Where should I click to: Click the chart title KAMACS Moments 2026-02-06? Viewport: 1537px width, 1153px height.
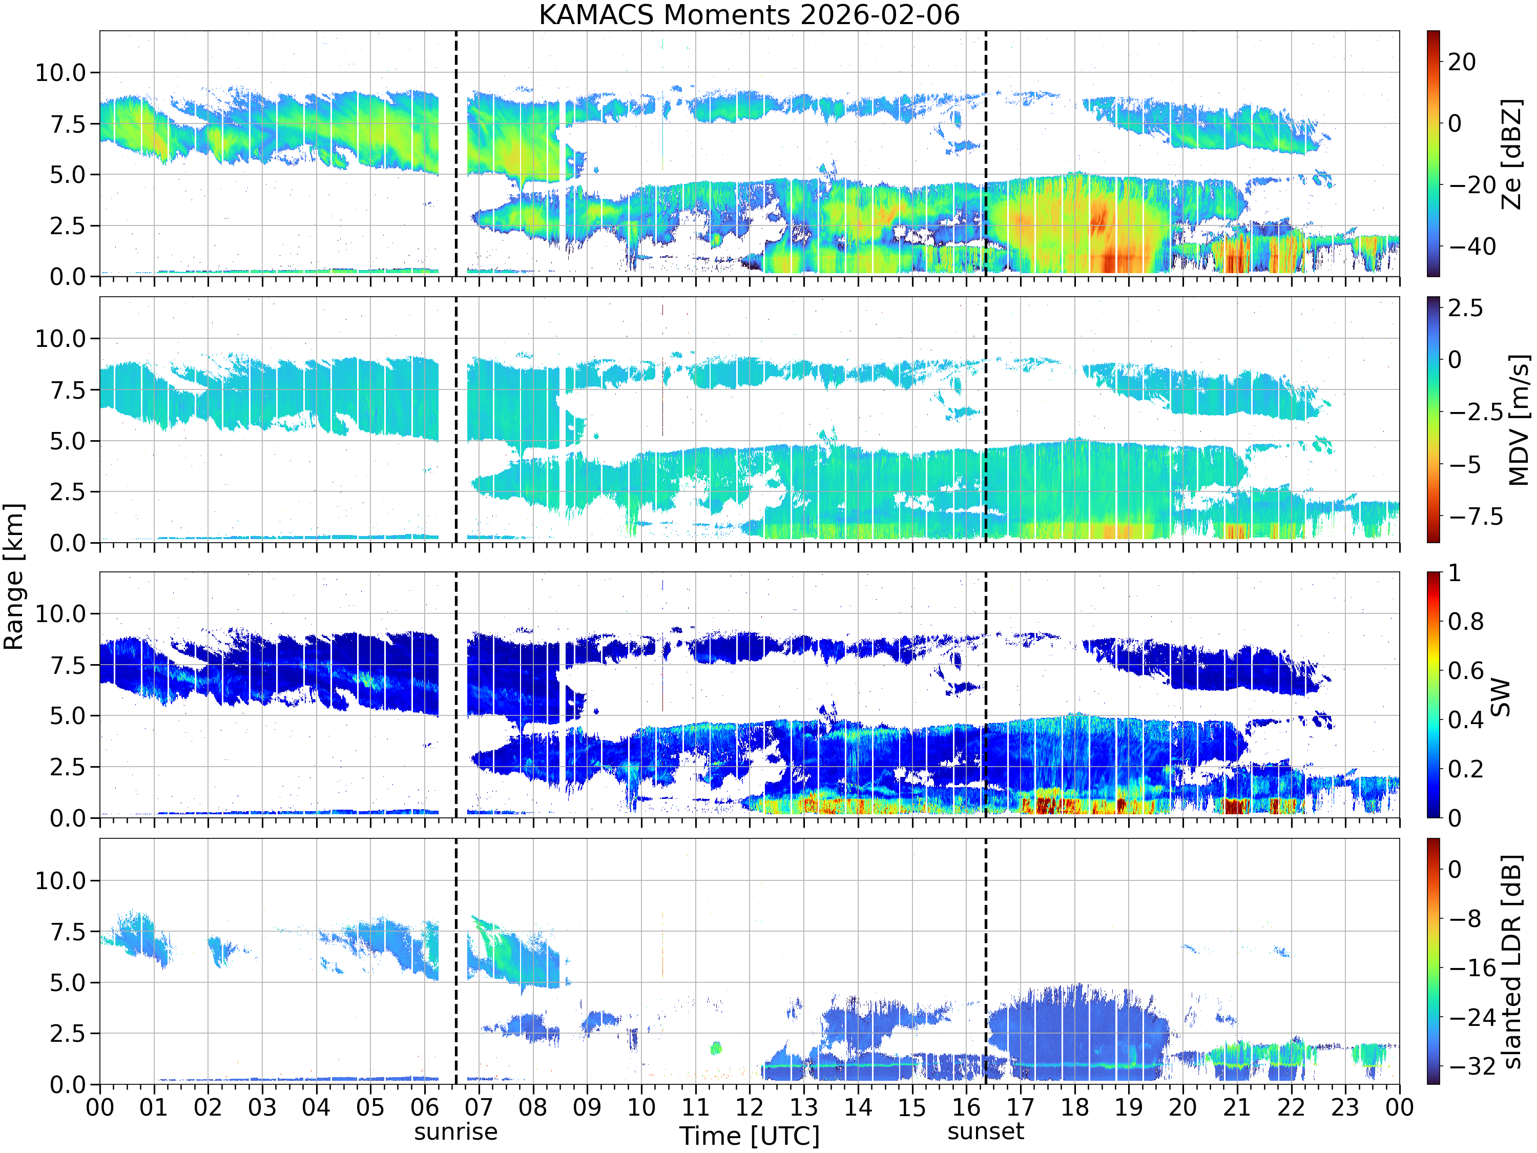[x=749, y=14]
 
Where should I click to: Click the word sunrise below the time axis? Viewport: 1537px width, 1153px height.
[x=456, y=1131]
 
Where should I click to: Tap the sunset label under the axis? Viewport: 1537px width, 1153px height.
[x=985, y=1131]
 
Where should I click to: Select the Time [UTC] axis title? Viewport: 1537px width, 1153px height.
[x=749, y=1136]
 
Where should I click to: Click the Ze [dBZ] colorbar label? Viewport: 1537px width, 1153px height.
[x=1511, y=154]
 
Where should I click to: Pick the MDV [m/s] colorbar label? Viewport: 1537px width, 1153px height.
[x=1518, y=420]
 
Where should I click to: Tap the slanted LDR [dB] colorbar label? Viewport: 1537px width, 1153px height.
[x=1511, y=961]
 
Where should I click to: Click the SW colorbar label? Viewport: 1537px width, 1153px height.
[x=1501, y=696]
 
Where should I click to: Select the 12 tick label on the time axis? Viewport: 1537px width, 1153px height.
[x=749, y=1106]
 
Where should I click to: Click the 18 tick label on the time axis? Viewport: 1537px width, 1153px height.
[x=1074, y=1106]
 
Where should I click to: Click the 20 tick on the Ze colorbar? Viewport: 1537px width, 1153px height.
[x=1462, y=62]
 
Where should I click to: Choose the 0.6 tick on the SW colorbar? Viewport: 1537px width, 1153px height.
[x=1466, y=671]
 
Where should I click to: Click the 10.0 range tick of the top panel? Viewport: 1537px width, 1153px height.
[x=60, y=72]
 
